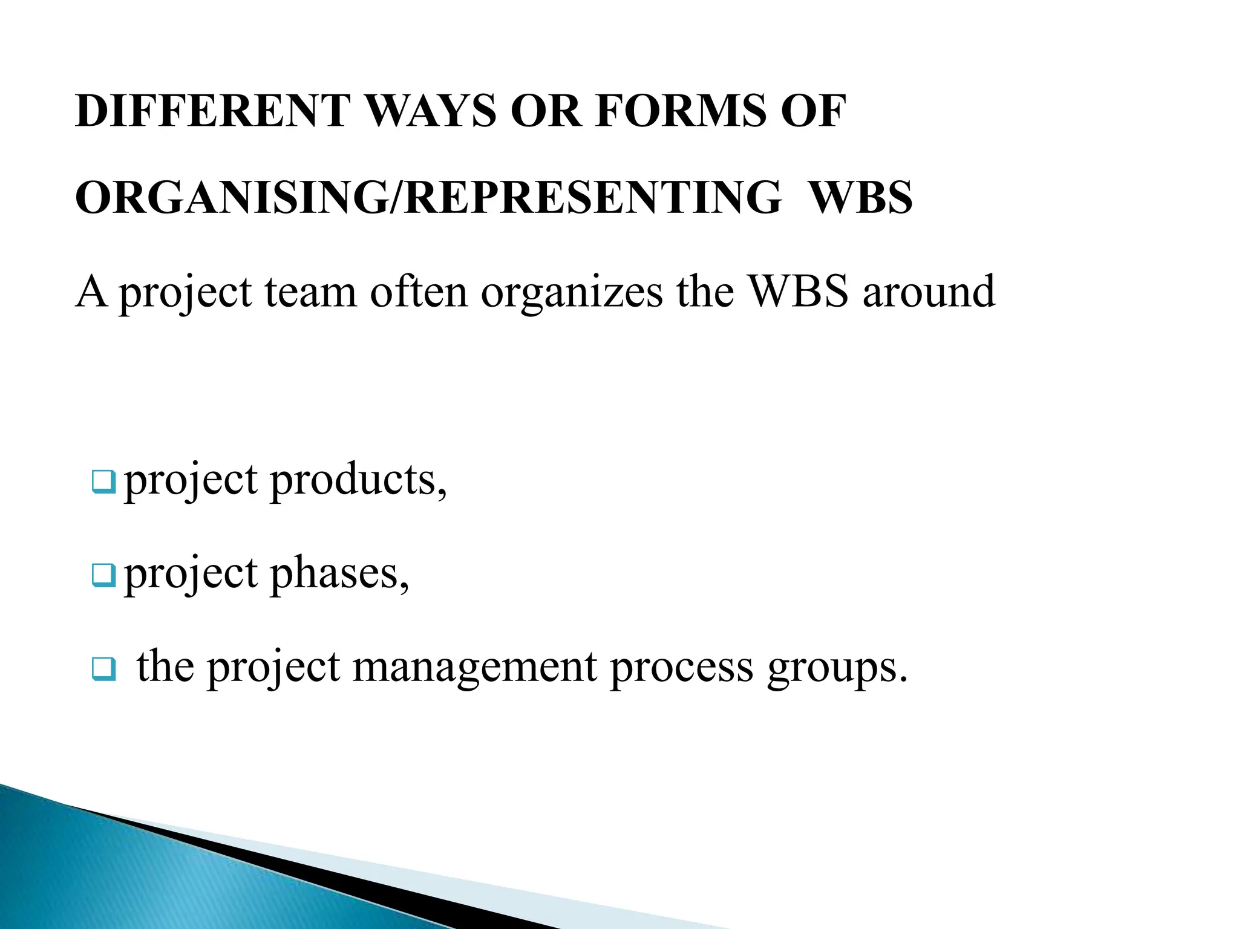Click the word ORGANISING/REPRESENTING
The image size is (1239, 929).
click(x=428, y=198)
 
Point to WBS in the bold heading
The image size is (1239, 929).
click(x=860, y=198)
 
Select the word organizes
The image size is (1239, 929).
click(x=572, y=293)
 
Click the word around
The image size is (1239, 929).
click(x=928, y=292)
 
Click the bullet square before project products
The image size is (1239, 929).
click(x=103, y=482)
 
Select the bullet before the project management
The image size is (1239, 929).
click(x=103, y=670)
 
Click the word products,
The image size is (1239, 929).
click(x=359, y=481)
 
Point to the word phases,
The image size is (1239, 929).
click(x=340, y=574)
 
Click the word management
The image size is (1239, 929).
click(x=474, y=668)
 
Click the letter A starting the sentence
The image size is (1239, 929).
click(x=91, y=292)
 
